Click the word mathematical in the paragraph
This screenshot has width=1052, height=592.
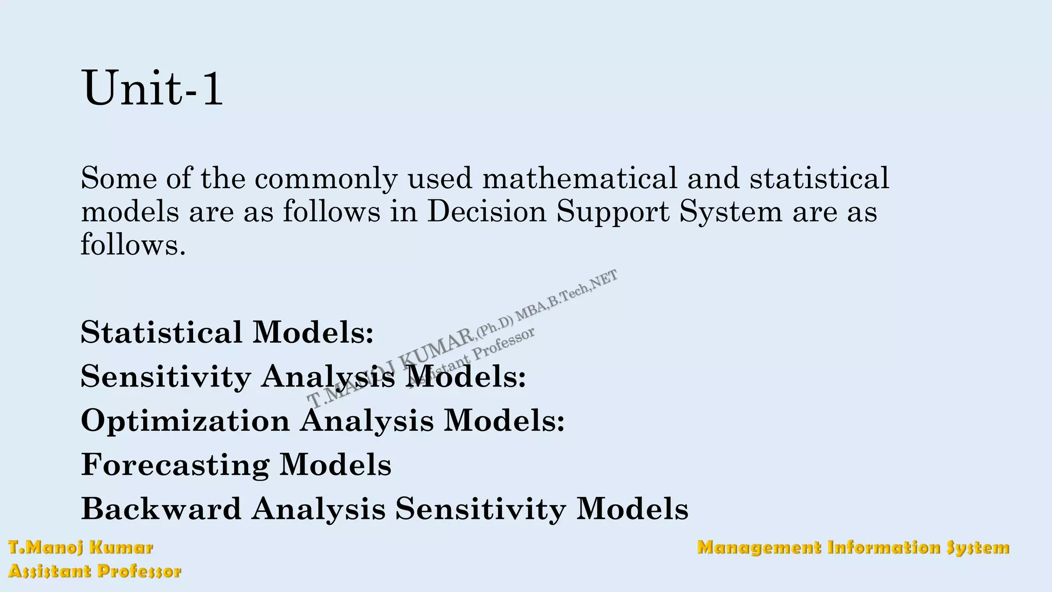(579, 178)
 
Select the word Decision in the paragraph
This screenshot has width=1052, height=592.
(486, 211)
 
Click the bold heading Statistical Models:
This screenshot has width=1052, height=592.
(227, 332)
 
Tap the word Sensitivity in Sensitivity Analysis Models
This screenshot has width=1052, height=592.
(165, 377)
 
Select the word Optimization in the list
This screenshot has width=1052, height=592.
(185, 421)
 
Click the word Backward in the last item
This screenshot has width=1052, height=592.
(161, 509)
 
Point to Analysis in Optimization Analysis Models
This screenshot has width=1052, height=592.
(366, 421)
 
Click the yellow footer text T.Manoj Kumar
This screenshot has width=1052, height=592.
(81, 548)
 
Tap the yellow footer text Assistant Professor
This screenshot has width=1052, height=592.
(95, 571)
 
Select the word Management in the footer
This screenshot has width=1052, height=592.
(759, 548)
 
